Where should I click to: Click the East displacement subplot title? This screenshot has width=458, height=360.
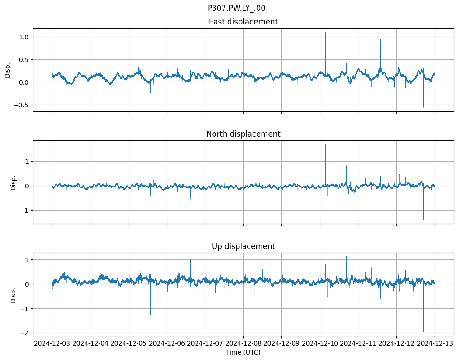point(243,22)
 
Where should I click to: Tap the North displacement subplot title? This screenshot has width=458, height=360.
point(243,134)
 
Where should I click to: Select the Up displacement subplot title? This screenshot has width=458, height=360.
point(243,246)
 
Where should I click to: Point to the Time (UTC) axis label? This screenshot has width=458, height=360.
point(243,352)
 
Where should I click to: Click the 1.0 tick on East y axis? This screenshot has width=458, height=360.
point(22,37)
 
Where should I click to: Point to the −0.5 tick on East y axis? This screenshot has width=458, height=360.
point(20,105)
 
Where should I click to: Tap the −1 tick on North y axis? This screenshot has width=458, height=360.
point(24,210)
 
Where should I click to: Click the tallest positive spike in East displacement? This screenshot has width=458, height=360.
point(325,33)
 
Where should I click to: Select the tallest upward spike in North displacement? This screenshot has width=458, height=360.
point(325,145)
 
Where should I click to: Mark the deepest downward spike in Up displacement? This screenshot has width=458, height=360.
point(424,331)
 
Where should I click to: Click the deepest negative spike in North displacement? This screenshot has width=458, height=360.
point(424,219)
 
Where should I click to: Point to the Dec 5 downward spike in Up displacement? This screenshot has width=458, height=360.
point(150,314)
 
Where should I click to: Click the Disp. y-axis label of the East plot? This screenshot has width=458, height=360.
point(7,70)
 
